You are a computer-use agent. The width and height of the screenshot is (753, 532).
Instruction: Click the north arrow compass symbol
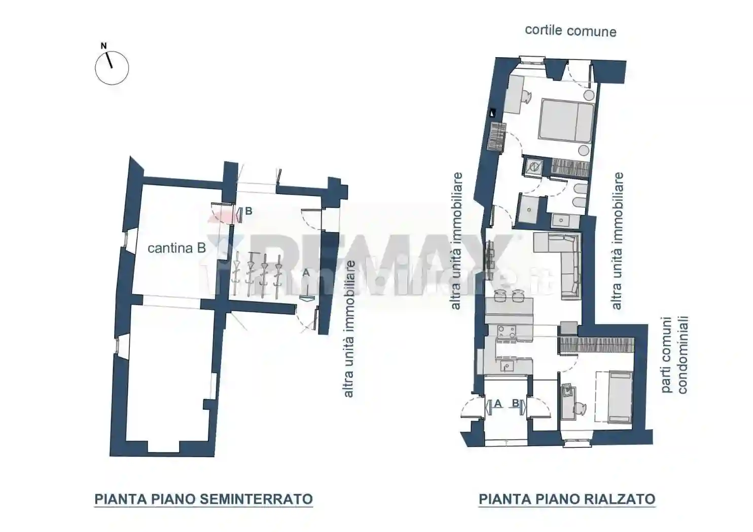(112, 67)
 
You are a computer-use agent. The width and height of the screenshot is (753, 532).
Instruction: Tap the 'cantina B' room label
(176, 248)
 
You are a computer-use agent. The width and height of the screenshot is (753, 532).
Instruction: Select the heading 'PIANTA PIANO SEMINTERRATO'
(203, 499)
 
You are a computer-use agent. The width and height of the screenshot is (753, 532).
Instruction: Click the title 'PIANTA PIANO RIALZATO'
(567, 499)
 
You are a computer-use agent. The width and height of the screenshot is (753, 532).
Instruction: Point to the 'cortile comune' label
(570, 30)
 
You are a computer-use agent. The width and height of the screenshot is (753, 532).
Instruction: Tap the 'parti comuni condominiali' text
(674, 355)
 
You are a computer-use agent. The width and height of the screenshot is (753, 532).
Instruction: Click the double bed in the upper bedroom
(566, 120)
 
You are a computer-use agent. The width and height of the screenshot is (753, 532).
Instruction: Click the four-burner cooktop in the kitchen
(507, 332)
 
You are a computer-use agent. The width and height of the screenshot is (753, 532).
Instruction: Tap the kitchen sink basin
(507, 366)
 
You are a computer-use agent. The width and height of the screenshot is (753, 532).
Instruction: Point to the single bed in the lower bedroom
(620, 397)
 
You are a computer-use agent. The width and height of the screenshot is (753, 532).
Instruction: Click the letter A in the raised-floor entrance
(497, 404)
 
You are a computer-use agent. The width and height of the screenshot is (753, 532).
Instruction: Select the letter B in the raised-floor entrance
(515, 404)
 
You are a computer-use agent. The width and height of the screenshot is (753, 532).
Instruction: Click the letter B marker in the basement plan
(248, 212)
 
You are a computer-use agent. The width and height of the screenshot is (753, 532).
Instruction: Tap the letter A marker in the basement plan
(306, 273)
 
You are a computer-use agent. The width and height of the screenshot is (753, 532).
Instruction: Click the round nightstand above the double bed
(589, 95)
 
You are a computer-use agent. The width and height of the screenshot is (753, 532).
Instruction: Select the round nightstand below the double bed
(584, 150)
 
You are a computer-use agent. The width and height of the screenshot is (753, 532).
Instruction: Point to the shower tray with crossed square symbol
(533, 166)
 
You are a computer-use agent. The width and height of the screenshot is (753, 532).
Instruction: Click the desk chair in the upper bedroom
(525, 96)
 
